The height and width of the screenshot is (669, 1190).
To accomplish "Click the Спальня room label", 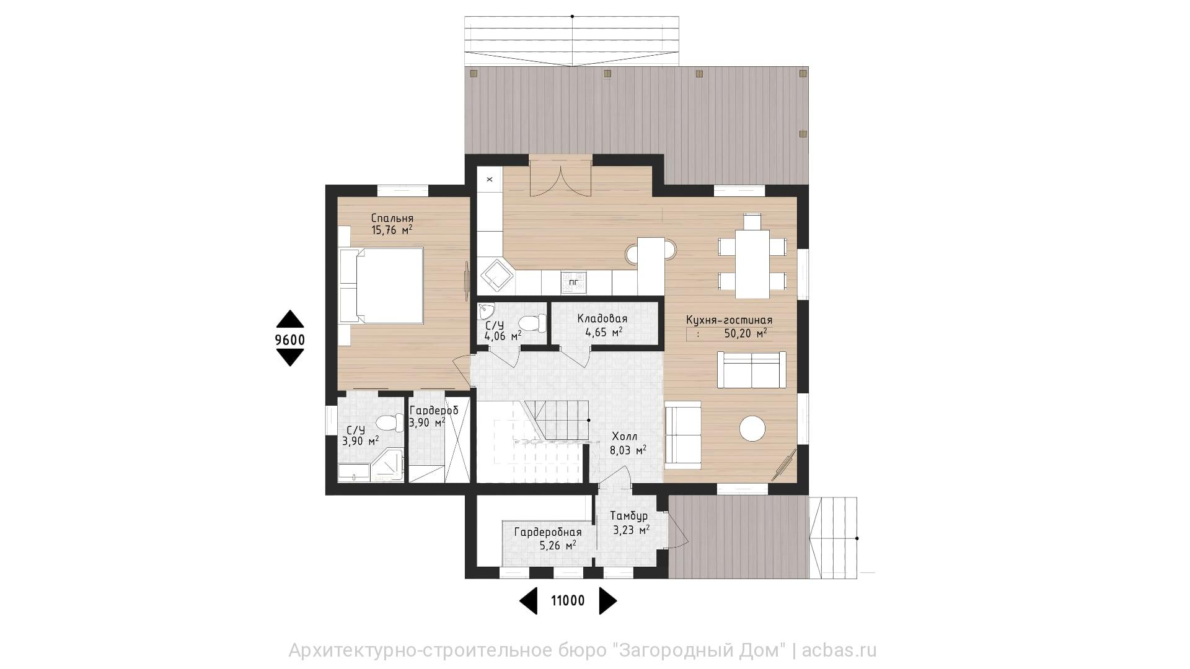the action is pyautogui.click(x=392, y=219).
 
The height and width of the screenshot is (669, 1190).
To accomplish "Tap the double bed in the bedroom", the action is pyautogui.click(x=381, y=286).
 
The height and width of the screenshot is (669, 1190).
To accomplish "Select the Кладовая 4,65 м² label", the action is pyautogui.click(x=602, y=325).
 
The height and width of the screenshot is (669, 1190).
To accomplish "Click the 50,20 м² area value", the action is pyautogui.click(x=746, y=333).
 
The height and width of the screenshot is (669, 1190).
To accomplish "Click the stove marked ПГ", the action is pyautogui.click(x=573, y=282).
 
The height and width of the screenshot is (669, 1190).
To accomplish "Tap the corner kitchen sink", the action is pyautogui.click(x=496, y=276).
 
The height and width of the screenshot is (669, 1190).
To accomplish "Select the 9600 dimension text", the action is pyautogui.click(x=290, y=339).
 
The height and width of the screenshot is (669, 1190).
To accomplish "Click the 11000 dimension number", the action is pyautogui.click(x=568, y=600).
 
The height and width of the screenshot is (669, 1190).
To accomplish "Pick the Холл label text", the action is pyautogui.click(x=624, y=436).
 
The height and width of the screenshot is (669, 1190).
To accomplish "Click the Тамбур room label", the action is pyautogui.click(x=628, y=516).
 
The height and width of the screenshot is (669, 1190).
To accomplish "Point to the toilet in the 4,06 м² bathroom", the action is pyautogui.click(x=532, y=323).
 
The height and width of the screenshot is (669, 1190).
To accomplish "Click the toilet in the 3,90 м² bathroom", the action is pyautogui.click(x=388, y=422).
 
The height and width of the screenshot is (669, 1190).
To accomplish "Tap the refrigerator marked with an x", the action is pyautogui.click(x=490, y=180).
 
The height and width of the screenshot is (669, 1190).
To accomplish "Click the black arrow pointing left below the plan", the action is pyautogui.click(x=528, y=600).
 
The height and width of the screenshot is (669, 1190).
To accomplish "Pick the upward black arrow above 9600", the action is pyautogui.click(x=290, y=318).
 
